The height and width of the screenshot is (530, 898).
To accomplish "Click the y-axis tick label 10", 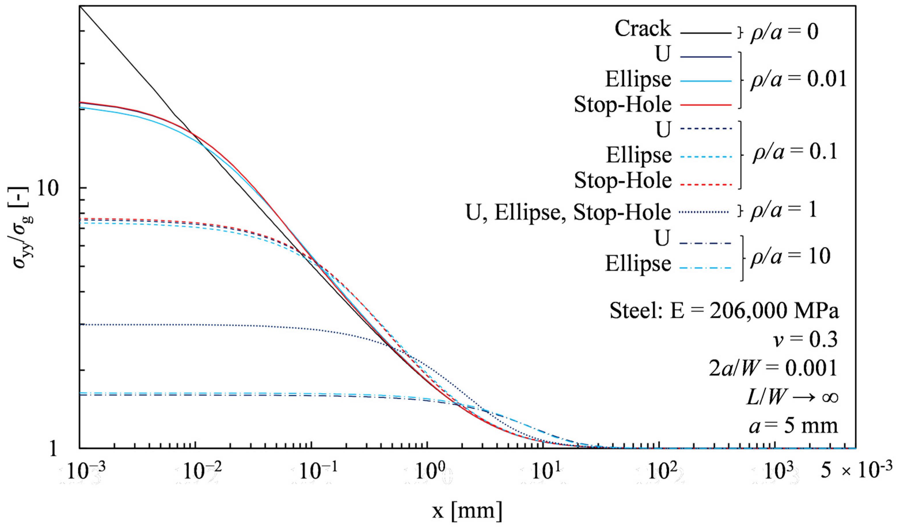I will [47, 188].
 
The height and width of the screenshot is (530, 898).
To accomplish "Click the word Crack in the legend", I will [642, 28].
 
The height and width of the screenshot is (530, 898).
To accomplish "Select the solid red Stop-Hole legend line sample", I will [706, 105].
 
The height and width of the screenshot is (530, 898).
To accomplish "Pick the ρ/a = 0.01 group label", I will [798, 79].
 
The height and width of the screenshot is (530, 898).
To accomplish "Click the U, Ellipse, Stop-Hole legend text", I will [568, 213].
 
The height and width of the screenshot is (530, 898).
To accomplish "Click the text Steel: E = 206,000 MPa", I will [724, 311].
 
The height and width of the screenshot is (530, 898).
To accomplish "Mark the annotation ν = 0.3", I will [805, 339].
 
